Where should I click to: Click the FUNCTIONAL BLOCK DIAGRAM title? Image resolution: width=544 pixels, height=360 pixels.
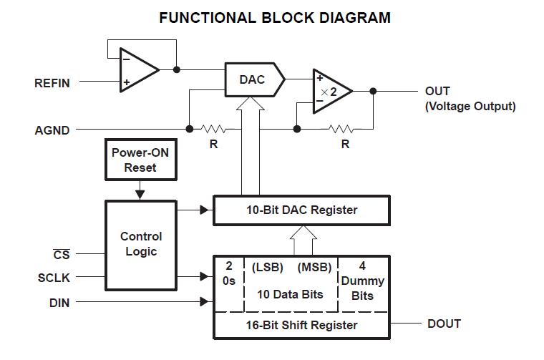coord(275,18)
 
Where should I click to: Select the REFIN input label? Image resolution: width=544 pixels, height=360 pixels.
coord(52,83)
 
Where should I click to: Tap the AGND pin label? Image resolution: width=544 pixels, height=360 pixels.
coord(52,130)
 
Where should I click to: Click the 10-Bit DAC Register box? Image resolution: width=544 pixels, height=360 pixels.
coord(301,210)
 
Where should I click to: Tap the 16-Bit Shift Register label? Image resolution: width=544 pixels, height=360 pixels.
coord(301,326)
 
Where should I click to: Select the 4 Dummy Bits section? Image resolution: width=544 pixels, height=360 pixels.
coord(363,281)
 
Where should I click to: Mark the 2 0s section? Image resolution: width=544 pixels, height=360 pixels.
coord(229,273)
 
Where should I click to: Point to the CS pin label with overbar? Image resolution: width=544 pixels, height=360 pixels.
coord(62,254)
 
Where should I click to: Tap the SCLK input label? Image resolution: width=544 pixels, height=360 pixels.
coord(54,278)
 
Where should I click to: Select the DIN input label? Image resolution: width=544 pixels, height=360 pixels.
coord(59,303)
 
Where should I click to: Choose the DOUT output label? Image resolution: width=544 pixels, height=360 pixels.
coord(444,324)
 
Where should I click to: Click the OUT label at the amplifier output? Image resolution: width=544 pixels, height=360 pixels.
coord(437,92)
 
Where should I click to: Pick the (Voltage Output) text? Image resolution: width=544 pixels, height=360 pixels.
coord(470,107)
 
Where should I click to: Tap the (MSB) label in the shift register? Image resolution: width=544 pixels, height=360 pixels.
coord(315,267)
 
